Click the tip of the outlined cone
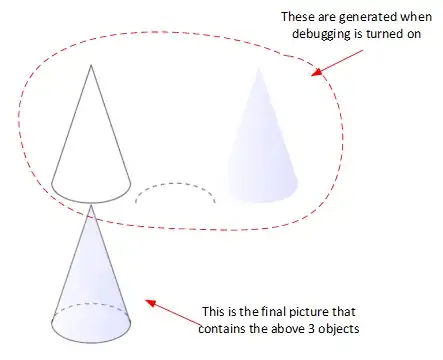[x=91, y=66]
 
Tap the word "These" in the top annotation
[x=298, y=17]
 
